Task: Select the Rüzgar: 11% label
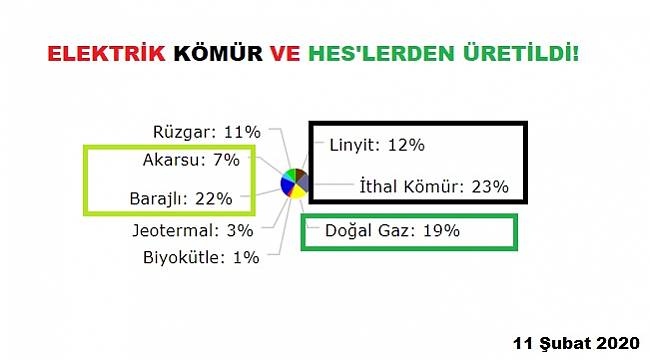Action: (207, 131)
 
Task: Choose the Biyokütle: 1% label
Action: (200, 257)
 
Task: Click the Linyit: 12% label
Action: (377, 145)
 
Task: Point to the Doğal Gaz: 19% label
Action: (392, 230)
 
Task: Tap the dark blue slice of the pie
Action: (287, 185)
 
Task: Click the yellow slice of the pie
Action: (297, 192)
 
